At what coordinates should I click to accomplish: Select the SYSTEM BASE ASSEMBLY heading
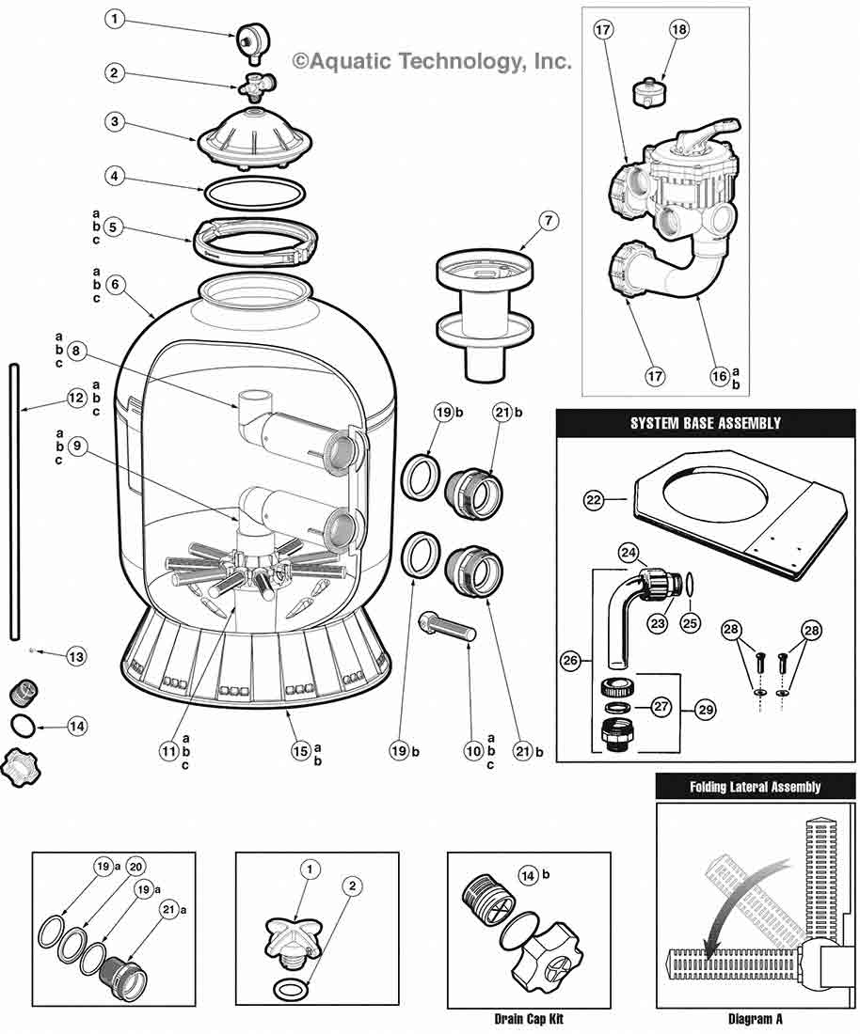(x=705, y=423)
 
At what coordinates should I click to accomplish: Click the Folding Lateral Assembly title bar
(x=755, y=786)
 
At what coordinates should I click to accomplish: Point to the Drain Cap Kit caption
(x=528, y=1018)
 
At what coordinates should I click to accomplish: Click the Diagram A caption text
(x=755, y=1018)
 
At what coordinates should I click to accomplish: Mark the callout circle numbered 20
(x=135, y=868)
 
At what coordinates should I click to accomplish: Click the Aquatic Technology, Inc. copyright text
(x=431, y=62)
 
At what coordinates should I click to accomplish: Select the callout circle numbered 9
(x=80, y=448)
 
